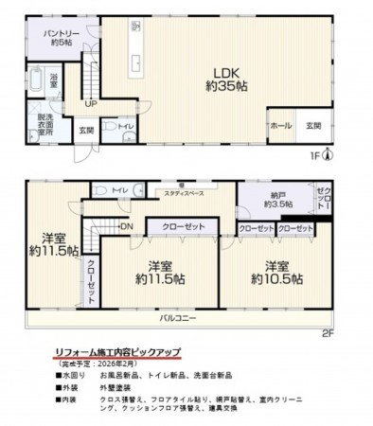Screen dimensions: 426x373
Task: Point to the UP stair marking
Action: click(90, 102)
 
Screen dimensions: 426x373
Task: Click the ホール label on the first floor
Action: click(281, 124)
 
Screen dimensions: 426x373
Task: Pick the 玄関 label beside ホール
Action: click(313, 124)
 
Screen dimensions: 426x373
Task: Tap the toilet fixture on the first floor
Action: click(112, 126)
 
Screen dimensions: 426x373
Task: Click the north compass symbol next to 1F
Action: click(328, 155)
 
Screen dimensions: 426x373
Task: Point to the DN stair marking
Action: click(127, 226)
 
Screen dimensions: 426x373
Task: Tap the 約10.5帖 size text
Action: click(276, 279)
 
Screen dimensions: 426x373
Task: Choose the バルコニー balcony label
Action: click(177, 318)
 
